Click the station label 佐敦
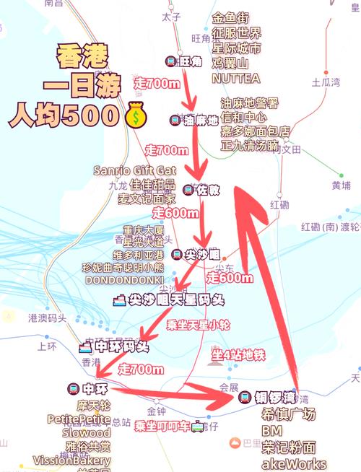coord(201,190)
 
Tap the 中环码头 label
coord(113,346)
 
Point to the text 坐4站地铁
coord(238,354)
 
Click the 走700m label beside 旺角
coord(157,84)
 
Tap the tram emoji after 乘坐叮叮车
coord(196,426)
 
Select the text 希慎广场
coord(289,414)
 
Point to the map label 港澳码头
coord(47,318)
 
